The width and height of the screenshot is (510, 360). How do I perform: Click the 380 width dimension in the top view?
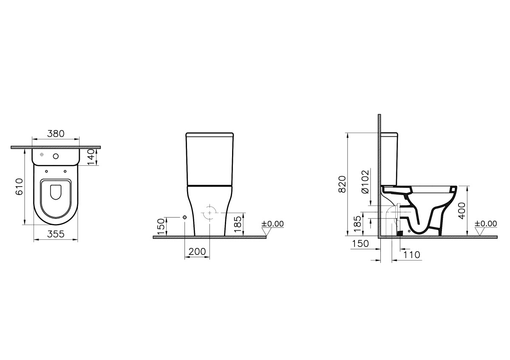(55, 133)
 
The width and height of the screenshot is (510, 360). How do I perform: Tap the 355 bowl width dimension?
(55, 234)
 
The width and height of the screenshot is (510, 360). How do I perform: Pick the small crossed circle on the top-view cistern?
(41, 155)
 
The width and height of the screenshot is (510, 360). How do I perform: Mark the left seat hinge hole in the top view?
(46, 171)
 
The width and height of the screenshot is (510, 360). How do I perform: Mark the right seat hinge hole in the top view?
(65, 171)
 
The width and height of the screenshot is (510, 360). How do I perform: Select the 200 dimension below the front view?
(197, 252)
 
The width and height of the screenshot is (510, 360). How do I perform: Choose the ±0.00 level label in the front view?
(272, 224)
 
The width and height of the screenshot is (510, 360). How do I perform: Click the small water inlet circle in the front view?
(184, 217)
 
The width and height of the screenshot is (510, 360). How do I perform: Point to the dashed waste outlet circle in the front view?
(209, 213)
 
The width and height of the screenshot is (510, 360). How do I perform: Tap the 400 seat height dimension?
(462, 210)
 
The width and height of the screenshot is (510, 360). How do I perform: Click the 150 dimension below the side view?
(360, 243)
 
